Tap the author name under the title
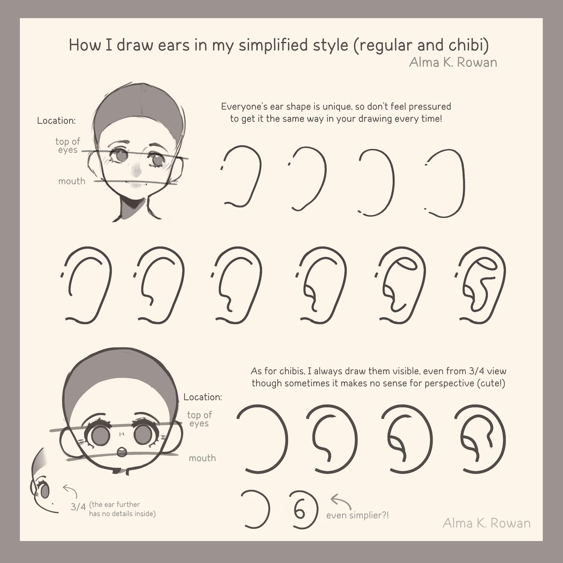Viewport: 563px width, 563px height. point(453,62)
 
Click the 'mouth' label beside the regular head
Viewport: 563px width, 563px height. point(72,181)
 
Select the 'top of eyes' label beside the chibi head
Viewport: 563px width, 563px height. point(199,419)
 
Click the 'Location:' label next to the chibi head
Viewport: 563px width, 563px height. point(203,397)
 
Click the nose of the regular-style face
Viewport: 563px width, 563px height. point(136,172)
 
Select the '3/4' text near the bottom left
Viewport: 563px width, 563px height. point(78,507)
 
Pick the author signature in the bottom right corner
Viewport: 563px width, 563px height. point(487,523)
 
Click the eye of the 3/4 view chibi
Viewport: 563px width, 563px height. point(45,492)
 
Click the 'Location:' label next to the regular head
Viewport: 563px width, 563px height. point(56,121)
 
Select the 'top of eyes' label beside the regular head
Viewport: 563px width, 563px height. point(68,145)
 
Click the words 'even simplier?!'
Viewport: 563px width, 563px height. point(358,515)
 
